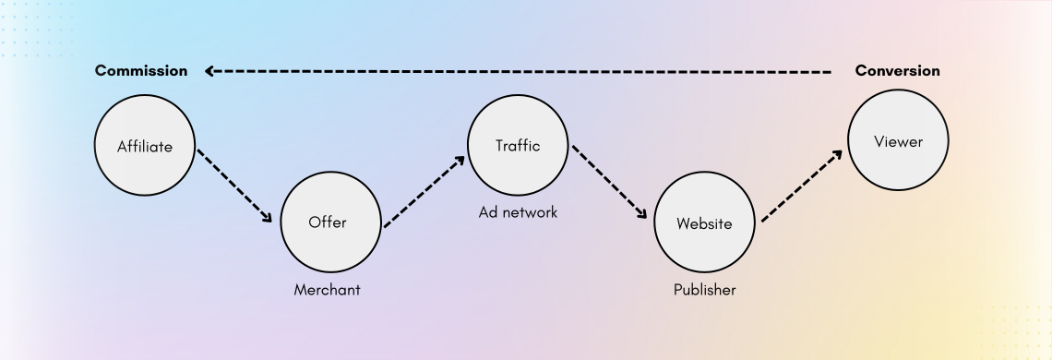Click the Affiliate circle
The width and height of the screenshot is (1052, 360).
tap(145, 146)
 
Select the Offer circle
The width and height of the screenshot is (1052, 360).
tap(330, 222)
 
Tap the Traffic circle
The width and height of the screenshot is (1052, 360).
tap(517, 145)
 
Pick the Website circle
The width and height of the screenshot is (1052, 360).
tap(704, 223)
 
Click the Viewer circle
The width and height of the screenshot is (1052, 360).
tap(898, 142)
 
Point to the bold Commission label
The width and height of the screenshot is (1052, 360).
tap(141, 71)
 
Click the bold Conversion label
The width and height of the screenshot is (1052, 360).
tap(897, 71)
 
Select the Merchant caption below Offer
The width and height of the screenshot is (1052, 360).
tap(327, 290)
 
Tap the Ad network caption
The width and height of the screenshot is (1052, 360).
tap(518, 212)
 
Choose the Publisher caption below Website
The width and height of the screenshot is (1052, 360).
tap(704, 290)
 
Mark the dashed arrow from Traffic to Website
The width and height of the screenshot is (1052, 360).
tap(609, 183)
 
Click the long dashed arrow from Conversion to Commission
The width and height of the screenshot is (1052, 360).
tap(517, 71)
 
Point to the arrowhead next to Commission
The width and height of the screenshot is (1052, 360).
tap(210, 71)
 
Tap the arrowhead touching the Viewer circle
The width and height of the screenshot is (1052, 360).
tap(837, 154)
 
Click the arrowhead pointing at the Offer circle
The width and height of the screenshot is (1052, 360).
tap(268, 219)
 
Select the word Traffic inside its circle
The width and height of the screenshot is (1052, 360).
tap(517, 146)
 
